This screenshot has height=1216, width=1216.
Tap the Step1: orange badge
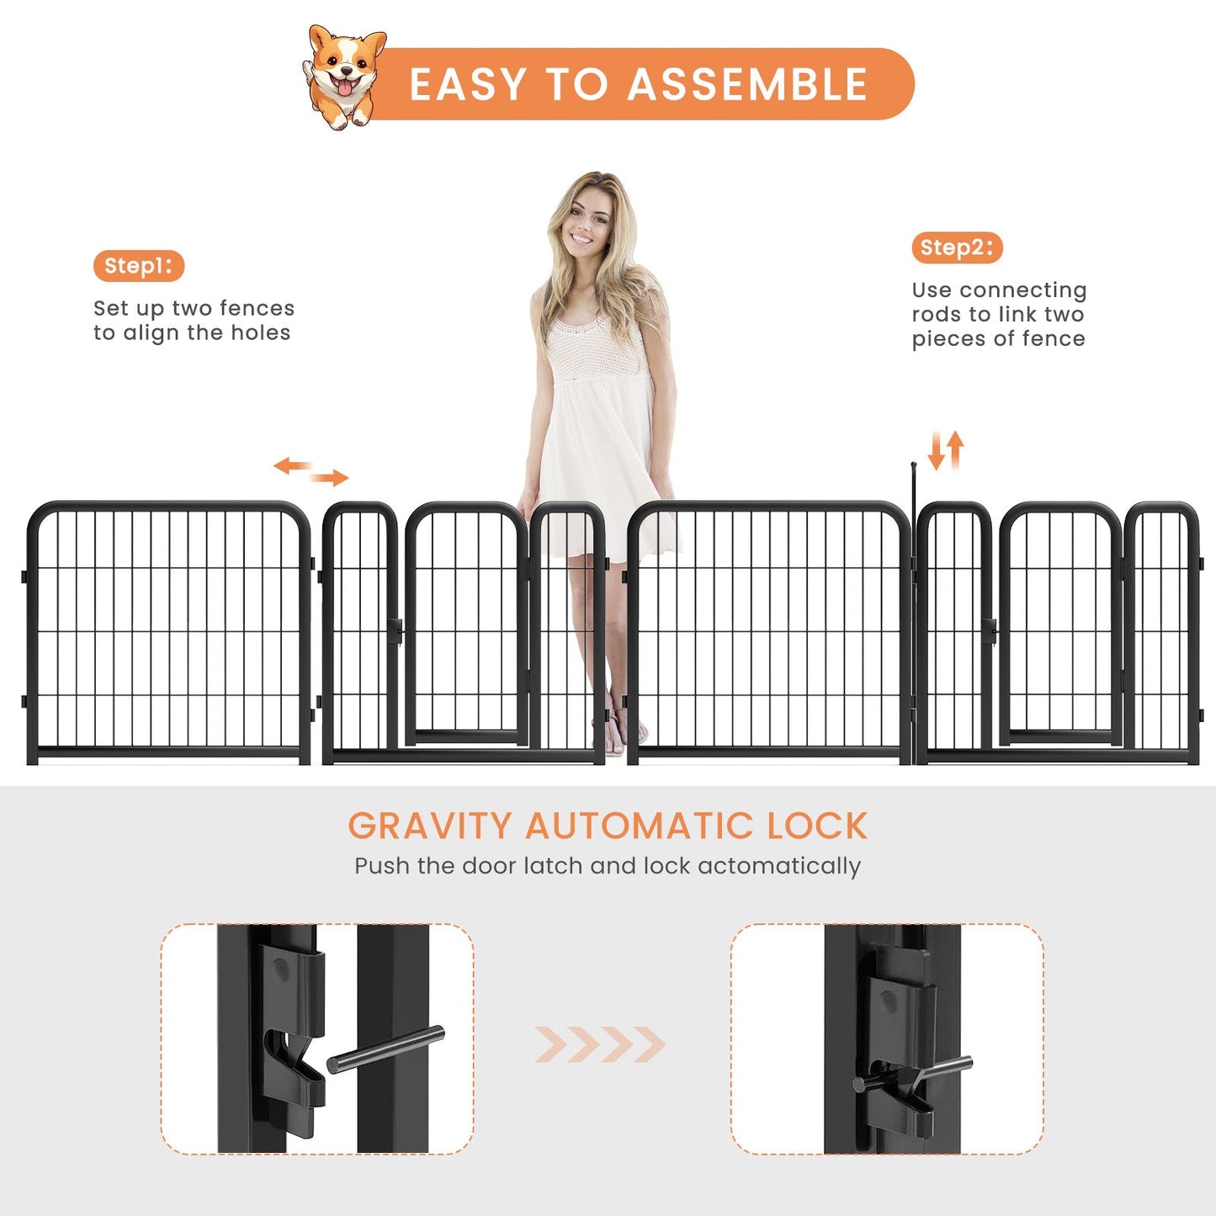[138, 266]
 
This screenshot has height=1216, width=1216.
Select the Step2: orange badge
[957, 247]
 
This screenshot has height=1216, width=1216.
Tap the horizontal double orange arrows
[311, 471]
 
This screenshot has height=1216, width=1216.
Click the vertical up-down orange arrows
[945, 451]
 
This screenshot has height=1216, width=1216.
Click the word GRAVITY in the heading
[429, 826]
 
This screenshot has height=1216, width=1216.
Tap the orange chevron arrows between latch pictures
[600, 1044]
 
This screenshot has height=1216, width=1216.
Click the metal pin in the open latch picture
[385, 1049]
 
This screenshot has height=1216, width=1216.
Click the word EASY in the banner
[468, 85]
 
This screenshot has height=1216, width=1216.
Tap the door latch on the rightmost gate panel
[989, 629]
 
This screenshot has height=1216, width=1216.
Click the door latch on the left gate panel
[395, 629]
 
